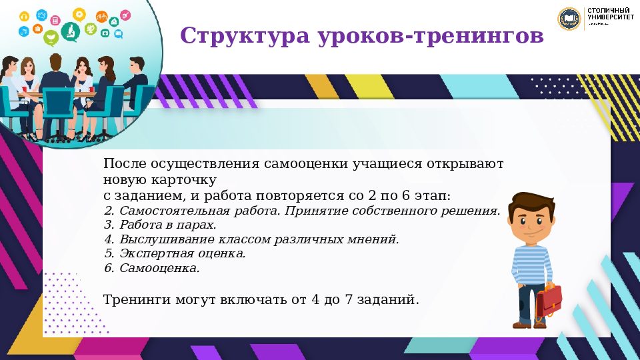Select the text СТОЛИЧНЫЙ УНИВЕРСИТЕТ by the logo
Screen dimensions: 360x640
[x=610, y=15]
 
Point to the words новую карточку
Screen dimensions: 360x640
[x=160, y=180]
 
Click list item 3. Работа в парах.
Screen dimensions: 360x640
[x=160, y=225]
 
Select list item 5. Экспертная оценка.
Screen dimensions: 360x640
[x=175, y=253]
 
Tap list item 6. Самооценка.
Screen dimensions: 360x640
[x=152, y=268]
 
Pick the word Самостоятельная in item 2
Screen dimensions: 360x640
[x=166, y=211]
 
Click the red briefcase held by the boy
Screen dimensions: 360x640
[x=549, y=301]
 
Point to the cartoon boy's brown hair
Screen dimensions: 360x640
[x=531, y=202]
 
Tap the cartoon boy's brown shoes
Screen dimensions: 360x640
[x=530, y=325]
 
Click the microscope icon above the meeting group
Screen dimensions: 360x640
[x=69, y=30]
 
